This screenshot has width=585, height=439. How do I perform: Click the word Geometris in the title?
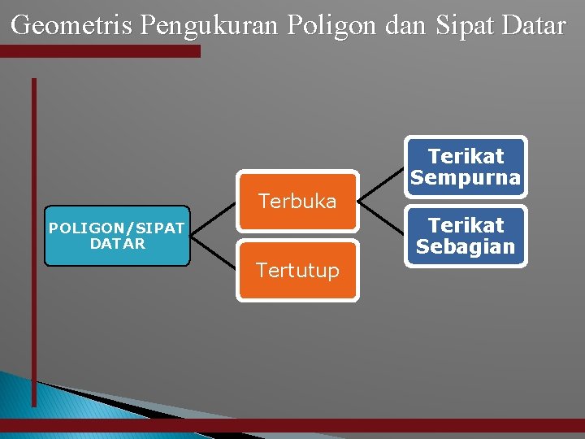(x=72, y=26)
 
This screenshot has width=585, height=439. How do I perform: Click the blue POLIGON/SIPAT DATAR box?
(x=116, y=236)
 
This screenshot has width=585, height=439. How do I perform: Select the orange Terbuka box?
(x=297, y=201)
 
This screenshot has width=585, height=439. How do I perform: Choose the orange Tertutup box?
(x=297, y=271)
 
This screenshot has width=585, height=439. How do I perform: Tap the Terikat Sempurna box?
(x=466, y=167)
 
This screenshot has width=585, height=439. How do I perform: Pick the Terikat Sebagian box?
(x=466, y=236)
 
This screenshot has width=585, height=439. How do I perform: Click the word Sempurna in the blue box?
(x=466, y=177)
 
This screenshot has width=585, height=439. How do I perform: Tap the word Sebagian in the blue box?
(x=466, y=246)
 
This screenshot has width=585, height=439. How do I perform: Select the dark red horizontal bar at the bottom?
(x=325, y=424)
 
